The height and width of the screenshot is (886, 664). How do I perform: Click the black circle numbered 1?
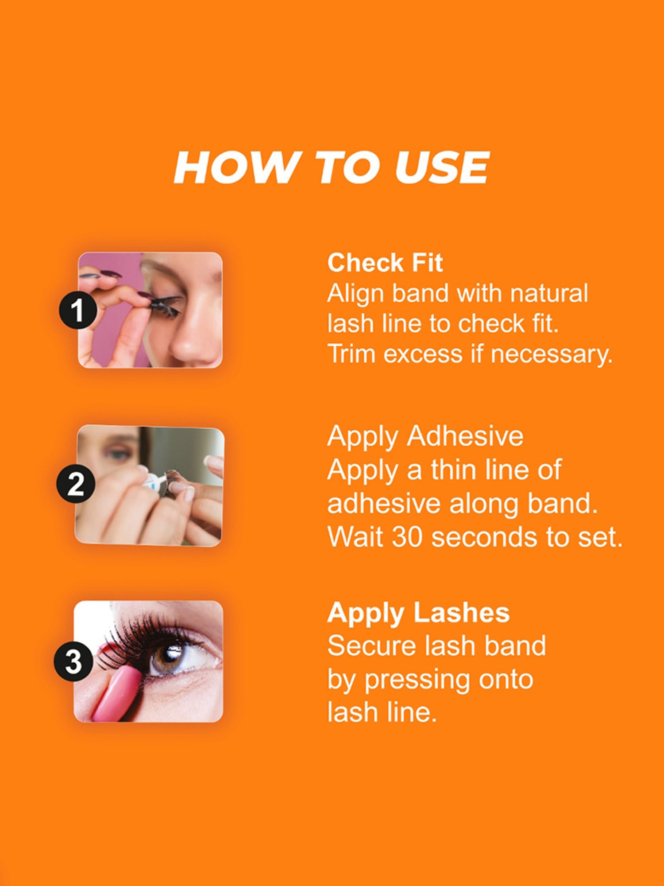pos(78,310)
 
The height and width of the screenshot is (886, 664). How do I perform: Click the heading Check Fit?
pos(385,263)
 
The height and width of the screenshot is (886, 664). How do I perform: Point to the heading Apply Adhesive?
pos(425,436)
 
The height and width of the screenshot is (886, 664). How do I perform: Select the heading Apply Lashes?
pos(418,613)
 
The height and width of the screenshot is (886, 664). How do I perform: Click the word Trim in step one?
pos(352,354)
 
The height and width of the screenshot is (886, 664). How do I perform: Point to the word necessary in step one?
pos(551,355)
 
